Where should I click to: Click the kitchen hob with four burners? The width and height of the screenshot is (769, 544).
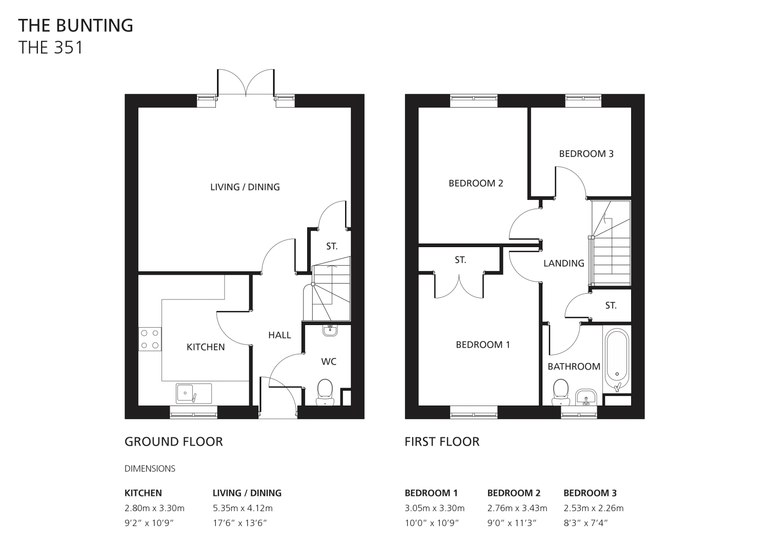(150, 339)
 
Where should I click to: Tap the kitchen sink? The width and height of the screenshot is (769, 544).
(194, 394)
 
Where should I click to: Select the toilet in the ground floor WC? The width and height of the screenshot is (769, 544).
(325, 392)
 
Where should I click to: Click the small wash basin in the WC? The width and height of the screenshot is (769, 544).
(330, 330)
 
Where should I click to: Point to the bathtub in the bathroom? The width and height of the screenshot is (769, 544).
(617, 360)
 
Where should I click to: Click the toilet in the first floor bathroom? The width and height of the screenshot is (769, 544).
(561, 392)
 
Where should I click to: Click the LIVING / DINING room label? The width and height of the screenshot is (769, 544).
(245, 187)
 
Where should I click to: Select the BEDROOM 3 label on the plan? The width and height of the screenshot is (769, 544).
(586, 153)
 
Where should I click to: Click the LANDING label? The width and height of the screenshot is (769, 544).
(564, 263)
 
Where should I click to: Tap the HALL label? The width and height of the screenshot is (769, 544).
(279, 335)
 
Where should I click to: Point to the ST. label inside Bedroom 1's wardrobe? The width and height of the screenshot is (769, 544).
(460, 260)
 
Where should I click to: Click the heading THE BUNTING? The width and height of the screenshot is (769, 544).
(75, 26)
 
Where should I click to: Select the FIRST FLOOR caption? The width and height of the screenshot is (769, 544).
(442, 441)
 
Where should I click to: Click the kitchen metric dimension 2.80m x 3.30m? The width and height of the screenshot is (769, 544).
(154, 508)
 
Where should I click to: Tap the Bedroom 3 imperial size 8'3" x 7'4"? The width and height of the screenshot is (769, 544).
(585, 523)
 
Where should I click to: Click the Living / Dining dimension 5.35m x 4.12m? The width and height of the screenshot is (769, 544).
(242, 508)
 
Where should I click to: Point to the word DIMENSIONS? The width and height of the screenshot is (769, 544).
(150, 469)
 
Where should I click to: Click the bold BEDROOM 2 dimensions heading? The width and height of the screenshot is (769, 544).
(514, 493)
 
